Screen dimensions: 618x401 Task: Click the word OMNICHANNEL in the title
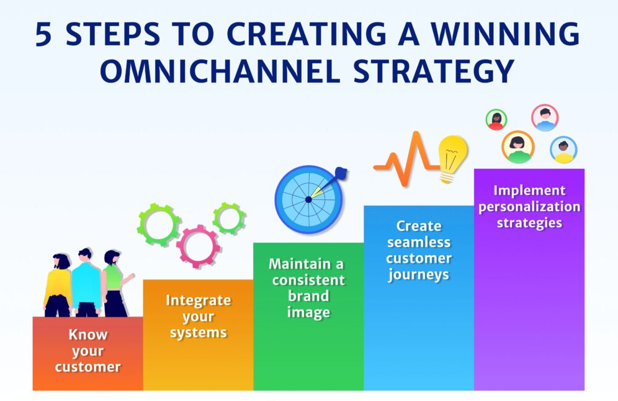(220, 71)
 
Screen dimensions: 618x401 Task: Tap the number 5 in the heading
(43, 34)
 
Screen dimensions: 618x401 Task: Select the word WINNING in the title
(505, 34)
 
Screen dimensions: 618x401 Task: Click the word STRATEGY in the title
(434, 71)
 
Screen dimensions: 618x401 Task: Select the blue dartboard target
(308, 199)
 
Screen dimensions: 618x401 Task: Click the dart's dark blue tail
(341, 173)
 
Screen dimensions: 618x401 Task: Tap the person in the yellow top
(58, 286)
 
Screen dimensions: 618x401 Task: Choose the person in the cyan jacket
(86, 282)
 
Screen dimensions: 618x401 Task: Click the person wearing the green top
(114, 283)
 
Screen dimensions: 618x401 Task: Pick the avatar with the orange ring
(518, 147)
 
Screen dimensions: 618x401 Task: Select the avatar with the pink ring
(545, 117)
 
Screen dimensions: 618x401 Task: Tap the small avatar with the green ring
(496, 119)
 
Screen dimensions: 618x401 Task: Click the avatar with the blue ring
(563, 150)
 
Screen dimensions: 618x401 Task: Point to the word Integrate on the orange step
(199, 300)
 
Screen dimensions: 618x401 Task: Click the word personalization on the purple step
(529, 207)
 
